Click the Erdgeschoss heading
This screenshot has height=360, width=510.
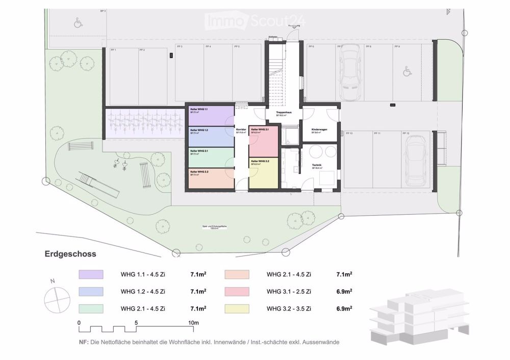coord(70,253)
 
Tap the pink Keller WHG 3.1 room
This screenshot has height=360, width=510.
coord(263,141)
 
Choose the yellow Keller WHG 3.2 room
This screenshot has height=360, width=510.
coord(263,173)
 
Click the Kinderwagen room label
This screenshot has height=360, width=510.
coord(320,131)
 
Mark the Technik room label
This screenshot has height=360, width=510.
coord(319,165)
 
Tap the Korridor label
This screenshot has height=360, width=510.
coord(241,131)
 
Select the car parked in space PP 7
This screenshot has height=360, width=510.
coord(350,71)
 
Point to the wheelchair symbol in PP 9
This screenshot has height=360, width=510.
coord(407,72)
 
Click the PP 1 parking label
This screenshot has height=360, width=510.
coord(113,50)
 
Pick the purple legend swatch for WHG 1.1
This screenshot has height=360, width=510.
coord(91,275)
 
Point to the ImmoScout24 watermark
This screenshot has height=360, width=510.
coord(254,21)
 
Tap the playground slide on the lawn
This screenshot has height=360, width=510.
coord(97,185)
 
